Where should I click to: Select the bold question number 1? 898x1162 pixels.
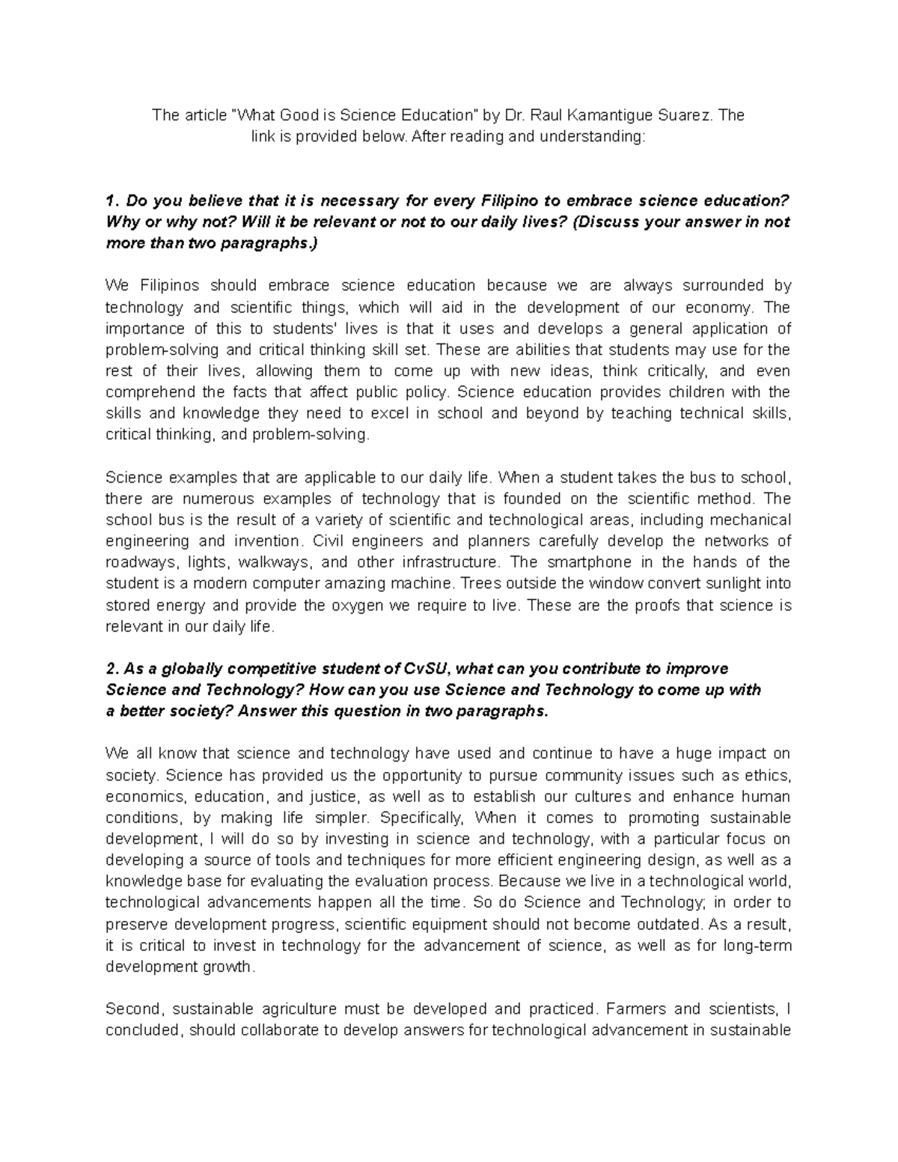[111, 201]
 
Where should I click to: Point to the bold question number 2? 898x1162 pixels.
[112, 668]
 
